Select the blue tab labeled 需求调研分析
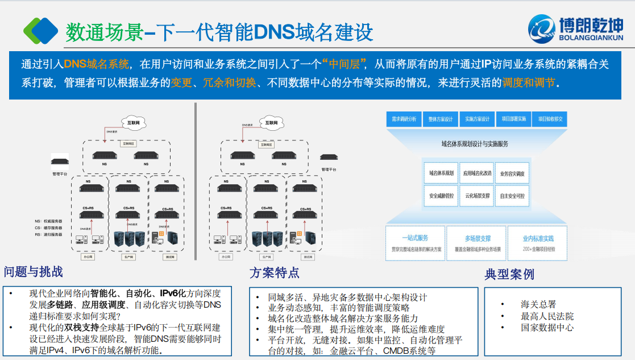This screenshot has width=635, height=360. [x=404, y=119]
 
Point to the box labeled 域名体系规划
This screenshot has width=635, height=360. [x=441, y=173]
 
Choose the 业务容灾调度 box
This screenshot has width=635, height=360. [x=512, y=173]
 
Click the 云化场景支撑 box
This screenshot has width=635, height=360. [x=476, y=196]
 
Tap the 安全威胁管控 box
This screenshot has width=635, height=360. [x=441, y=196]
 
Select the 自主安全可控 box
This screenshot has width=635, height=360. [x=512, y=196]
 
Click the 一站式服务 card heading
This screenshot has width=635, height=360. [x=415, y=238]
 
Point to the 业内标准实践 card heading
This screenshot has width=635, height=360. [x=538, y=238]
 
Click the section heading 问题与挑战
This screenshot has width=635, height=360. [x=34, y=272]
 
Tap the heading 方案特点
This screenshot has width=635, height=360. [x=274, y=272]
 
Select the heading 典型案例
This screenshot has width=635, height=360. [x=509, y=274]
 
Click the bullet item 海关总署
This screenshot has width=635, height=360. [x=538, y=304]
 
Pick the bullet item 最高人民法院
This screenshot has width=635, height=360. [x=547, y=316]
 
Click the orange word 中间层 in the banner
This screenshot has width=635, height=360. [x=346, y=63]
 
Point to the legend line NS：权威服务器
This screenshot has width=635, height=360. [x=49, y=221]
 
